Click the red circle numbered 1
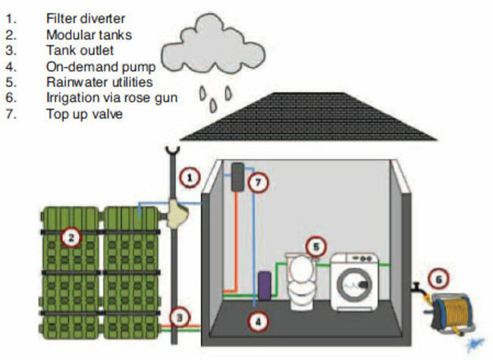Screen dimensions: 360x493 (190, 179)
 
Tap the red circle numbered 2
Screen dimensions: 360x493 (71, 238)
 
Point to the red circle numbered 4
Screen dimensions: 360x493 (259, 321)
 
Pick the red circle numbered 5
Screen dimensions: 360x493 (317, 245)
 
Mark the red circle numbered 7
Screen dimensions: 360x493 (259, 183)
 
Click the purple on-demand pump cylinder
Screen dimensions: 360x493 (265, 285)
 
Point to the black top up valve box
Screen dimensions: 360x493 (237, 177)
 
